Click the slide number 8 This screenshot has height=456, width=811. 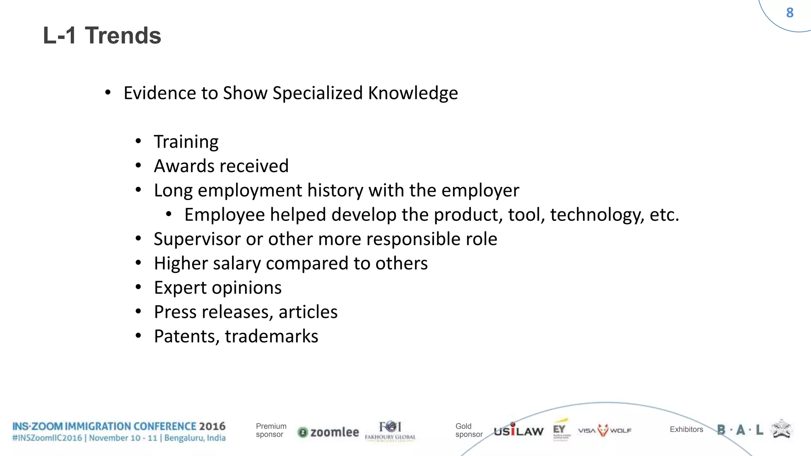coord(790,13)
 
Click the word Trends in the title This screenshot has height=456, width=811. coord(123,36)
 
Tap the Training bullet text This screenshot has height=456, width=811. coord(186,142)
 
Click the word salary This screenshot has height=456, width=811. coord(237,264)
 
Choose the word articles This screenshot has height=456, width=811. coord(308,312)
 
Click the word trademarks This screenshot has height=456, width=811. coord(272,336)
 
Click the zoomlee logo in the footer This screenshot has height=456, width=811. coord(328,432)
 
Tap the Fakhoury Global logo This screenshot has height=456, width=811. coord(390,431)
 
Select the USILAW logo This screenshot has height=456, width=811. coord(518,430)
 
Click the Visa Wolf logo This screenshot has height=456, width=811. coord(604,430)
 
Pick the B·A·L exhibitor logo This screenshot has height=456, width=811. coord(740,430)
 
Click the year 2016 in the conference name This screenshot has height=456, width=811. coord(212,426)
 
